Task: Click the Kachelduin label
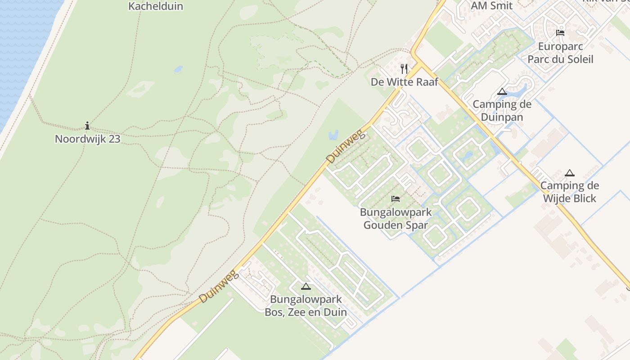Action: (x=156, y=6)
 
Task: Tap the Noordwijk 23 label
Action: (x=88, y=139)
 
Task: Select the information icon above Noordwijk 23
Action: (x=87, y=126)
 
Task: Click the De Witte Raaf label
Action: (x=404, y=82)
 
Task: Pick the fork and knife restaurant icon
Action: (x=404, y=69)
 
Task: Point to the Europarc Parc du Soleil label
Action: (x=560, y=53)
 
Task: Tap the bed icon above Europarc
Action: (x=560, y=32)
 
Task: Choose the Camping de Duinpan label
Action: (x=502, y=111)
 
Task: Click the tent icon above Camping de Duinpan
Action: (x=502, y=92)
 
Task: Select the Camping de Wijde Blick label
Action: (x=569, y=192)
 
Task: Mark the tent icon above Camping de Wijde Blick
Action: (x=570, y=173)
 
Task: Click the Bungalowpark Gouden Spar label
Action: (x=396, y=219)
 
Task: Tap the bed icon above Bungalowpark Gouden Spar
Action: (x=396, y=199)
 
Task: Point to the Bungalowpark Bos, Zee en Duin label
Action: (x=306, y=306)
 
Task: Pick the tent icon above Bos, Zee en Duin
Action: (x=306, y=286)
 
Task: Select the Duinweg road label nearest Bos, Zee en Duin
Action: (x=218, y=287)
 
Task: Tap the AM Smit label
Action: (x=492, y=6)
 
